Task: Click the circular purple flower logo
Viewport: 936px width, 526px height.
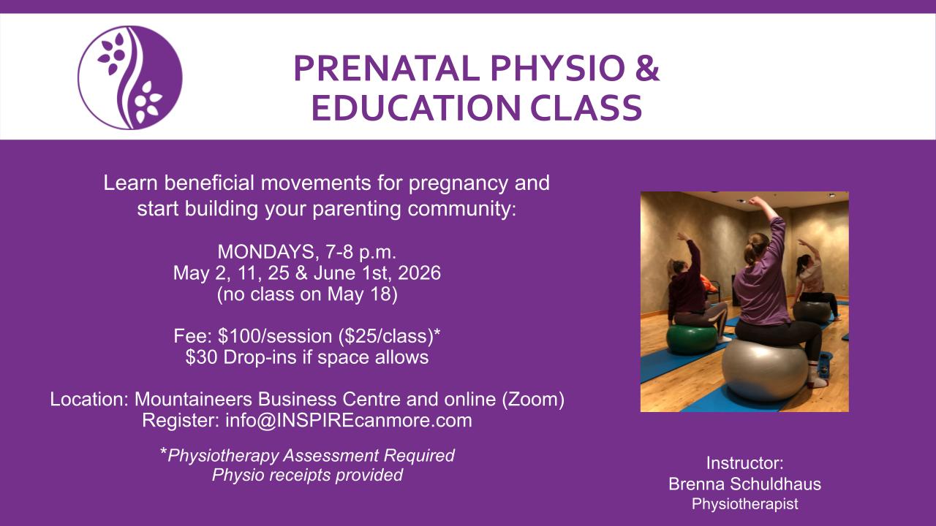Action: coord(130,77)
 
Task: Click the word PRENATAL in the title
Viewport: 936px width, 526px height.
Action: coord(387,69)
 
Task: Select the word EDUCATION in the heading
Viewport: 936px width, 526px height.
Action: coord(416,107)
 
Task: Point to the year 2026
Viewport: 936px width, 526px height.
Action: coord(419,273)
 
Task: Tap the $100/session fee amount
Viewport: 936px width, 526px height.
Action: coord(276,336)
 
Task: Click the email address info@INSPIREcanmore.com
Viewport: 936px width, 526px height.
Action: coord(349,420)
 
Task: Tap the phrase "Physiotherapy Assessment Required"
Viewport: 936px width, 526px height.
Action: coord(311,455)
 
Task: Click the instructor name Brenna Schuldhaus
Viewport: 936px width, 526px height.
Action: coord(744,484)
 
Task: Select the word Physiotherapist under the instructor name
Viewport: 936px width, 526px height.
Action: coord(744,504)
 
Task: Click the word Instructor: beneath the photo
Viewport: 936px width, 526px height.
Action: coord(744,463)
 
